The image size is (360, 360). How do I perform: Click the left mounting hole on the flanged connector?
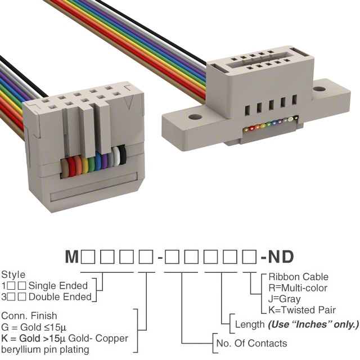pyautogui.click(x=195, y=117)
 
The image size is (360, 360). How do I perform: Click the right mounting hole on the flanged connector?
pyautogui.click(x=319, y=89)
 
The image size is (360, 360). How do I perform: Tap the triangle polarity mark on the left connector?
pyautogui.click(x=129, y=102)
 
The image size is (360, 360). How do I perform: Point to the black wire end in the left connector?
pyautogui.click(x=123, y=155)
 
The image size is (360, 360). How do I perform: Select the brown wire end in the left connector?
pyautogui.click(x=65, y=169)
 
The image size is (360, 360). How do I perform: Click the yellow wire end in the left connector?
pyautogui.click(x=84, y=165)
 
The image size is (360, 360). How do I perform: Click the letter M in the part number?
pyautogui.click(x=72, y=256)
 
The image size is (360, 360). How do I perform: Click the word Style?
pyautogui.click(x=13, y=274)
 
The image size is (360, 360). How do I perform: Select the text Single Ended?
pyautogui.click(x=58, y=286)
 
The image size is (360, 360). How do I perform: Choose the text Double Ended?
pyautogui.click(x=60, y=297)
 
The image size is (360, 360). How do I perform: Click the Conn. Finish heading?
pyautogui.click(x=29, y=316)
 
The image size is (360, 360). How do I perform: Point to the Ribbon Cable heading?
pyautogui.click(x=299, y=277)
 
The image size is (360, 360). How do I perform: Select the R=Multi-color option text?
pyautogui.click(x=298, y=288)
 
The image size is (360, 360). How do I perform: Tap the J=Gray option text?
pyautogui.click(x=285, y=299)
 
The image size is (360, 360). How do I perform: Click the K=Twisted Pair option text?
pyautogui.click(x=302, y=310)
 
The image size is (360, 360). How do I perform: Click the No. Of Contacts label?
pyautogui.click(x=251, y=344)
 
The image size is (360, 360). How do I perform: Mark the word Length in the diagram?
pyautogui.click(x=250, y=325)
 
